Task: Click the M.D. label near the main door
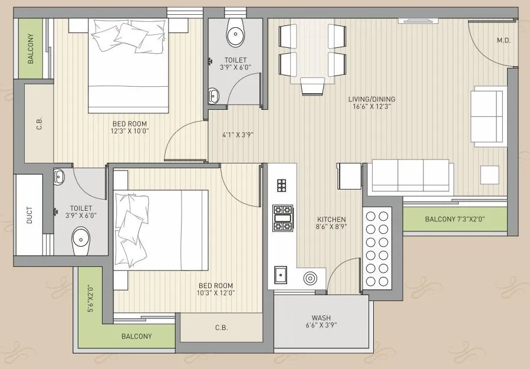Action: click(x=503, y=41)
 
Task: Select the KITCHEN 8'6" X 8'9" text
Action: click(x=331, y=223)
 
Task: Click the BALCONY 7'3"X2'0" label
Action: click(x=455, y=220)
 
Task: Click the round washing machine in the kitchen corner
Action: click(x=310, y=278)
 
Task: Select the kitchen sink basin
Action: click(x=281, y=275)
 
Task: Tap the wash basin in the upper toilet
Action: click(x=213, y=94)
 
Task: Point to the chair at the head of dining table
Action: click(x=312, y=87)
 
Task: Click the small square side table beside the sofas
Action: click(x=489, y=174)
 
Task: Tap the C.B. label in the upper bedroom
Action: click(x=39, y=125)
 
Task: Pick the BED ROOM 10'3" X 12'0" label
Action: click(x=216, y=288)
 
